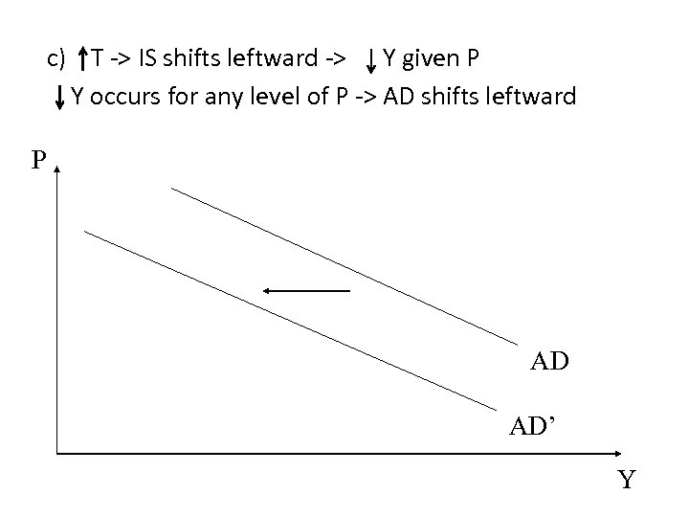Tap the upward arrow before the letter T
[83, 59]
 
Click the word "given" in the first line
[428, 60]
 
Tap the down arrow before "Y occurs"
[60, 97]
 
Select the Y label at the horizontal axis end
[626, 479]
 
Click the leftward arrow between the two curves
[306, 289]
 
